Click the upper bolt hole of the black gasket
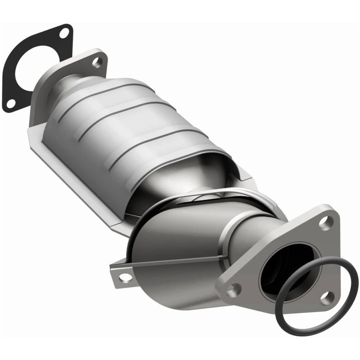[x=64, y=33]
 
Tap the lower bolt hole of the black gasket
[x=10, y=103]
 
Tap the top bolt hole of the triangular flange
[x=323, y=223]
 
